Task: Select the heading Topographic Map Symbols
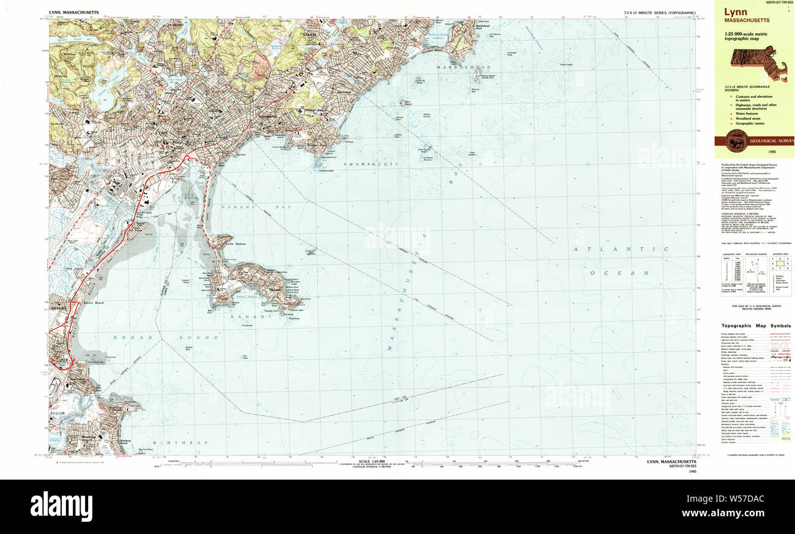tap(756, 326)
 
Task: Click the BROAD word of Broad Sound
tap(128, 337)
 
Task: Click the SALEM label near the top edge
tap(309, 35)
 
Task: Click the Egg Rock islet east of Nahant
tap(311, 251)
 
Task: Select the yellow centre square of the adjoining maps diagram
tap(779, 262)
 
